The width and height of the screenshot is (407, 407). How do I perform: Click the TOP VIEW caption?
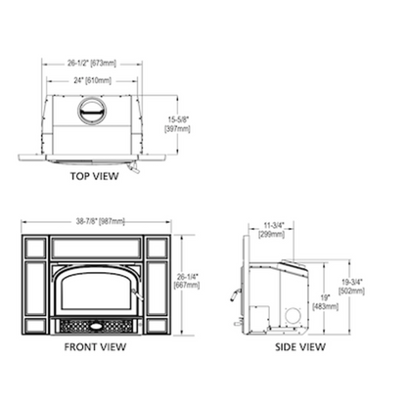(x=94, y=177)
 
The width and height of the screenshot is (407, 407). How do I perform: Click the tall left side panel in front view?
(x=33, y=285)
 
